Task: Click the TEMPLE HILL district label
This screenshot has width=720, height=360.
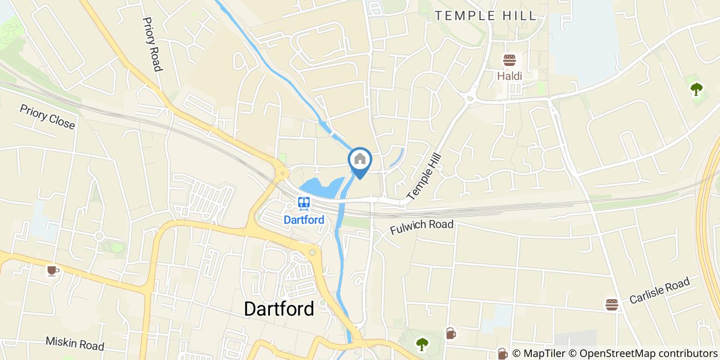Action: pos(485,16)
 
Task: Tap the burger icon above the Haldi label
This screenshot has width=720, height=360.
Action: pos(509,61)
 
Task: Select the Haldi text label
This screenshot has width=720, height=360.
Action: pos(509,76)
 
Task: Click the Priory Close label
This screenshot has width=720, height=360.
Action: pos(47,117)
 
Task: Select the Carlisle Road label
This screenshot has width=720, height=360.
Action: pos(659,291)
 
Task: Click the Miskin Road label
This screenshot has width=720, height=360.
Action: pos(75,343)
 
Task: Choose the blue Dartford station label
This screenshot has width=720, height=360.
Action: pos(304,220)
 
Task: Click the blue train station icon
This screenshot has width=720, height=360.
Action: pos(304,203)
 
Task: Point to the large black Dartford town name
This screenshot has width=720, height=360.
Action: pos(279,309)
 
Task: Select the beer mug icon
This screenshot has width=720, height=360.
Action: pos(451,333)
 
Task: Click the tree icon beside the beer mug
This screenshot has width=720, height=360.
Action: pos(422,344)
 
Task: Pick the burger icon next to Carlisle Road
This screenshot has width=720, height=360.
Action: pos(611,304)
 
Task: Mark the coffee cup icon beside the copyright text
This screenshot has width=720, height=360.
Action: pos(502,353)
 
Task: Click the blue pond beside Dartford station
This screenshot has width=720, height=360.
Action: pos(321,188)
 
